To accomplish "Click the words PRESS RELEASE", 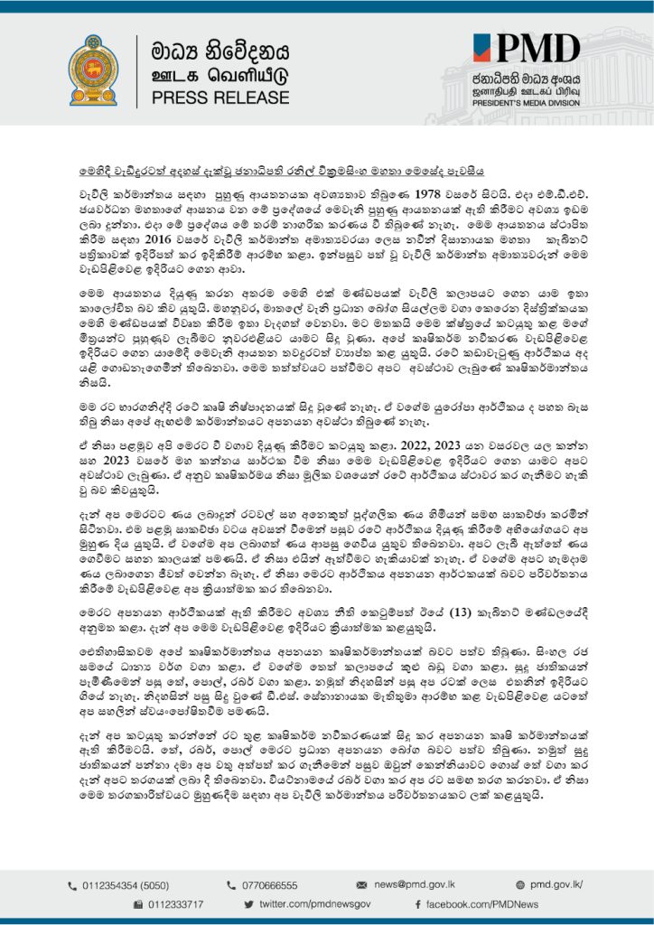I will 214,97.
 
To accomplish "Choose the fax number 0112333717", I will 175,904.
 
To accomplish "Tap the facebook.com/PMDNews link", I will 482,904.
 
